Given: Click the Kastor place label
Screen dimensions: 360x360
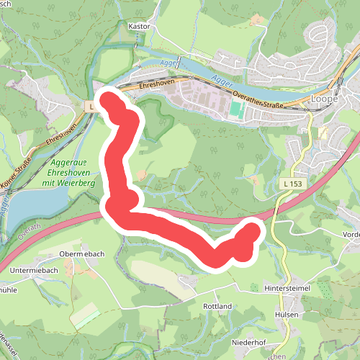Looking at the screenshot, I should (138, 26).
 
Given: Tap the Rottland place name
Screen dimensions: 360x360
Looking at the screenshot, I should (217, 306).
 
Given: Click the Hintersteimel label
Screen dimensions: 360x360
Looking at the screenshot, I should (287, 288).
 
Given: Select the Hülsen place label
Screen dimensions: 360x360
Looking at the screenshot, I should (286, 315).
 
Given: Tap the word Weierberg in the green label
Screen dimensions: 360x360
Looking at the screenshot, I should (79, 184).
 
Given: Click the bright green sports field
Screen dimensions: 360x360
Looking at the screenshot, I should (235, 110).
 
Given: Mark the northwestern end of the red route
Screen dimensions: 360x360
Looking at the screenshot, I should (109, 99).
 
